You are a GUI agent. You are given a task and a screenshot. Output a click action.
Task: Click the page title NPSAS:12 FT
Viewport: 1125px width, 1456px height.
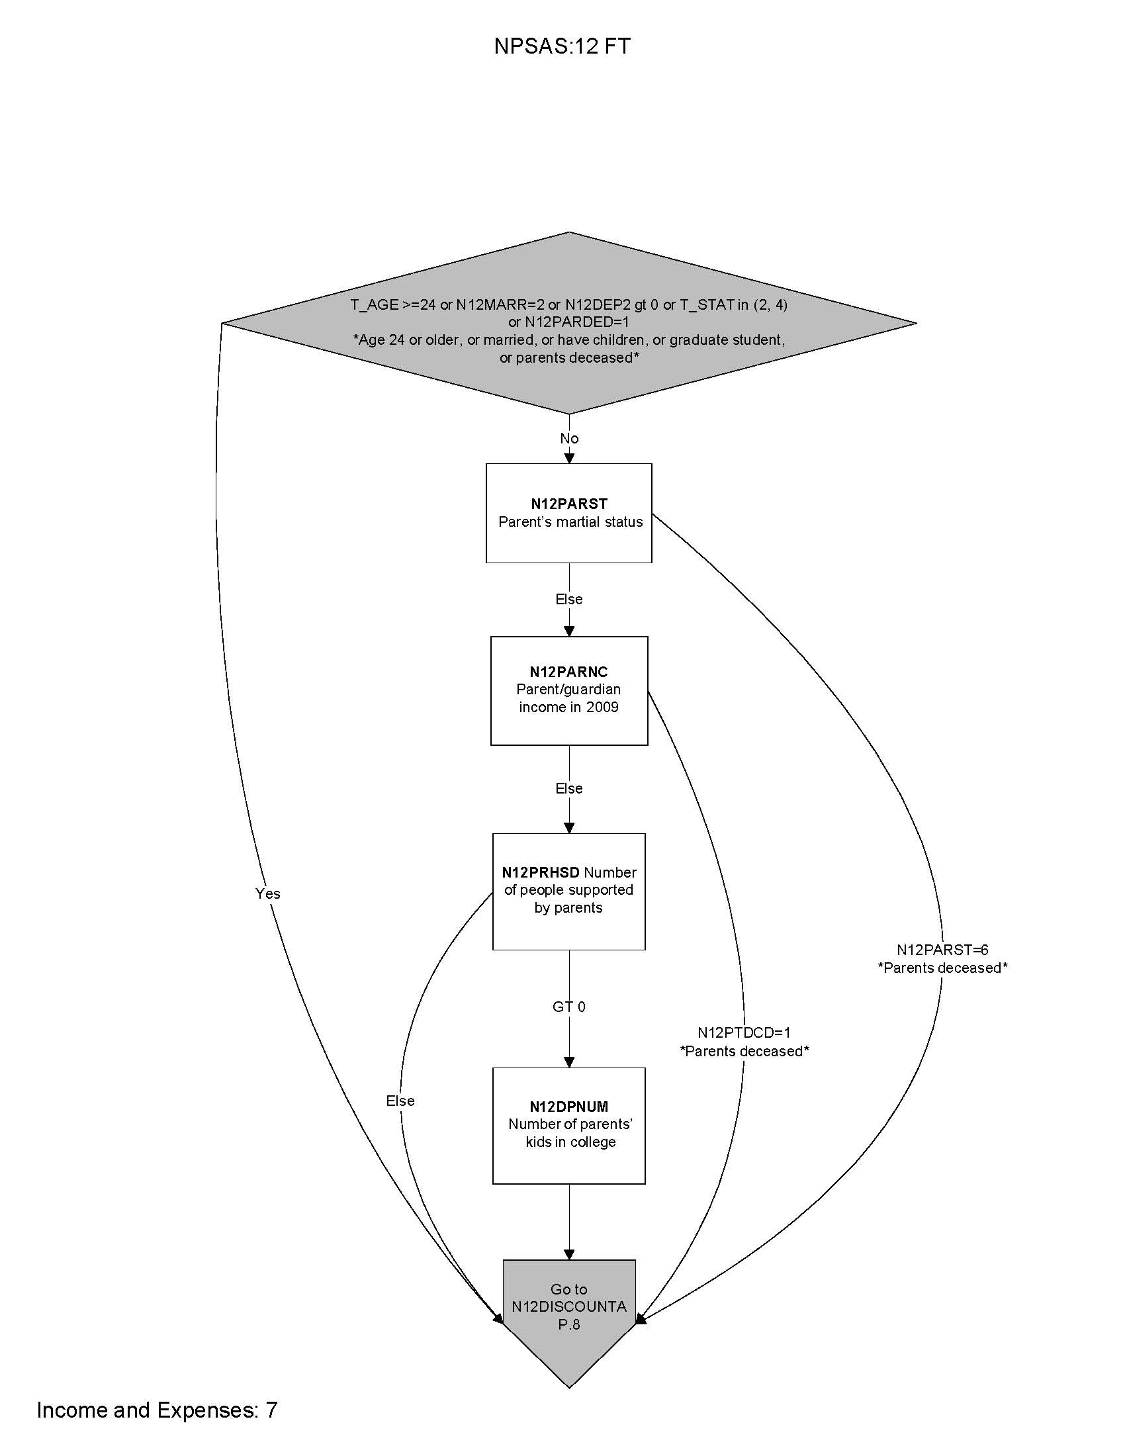562,46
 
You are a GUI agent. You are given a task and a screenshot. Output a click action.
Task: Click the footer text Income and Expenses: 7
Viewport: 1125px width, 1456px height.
157,1410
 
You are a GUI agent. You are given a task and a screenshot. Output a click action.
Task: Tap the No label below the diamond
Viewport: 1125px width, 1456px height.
569,438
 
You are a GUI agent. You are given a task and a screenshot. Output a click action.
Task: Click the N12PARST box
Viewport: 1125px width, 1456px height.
568,513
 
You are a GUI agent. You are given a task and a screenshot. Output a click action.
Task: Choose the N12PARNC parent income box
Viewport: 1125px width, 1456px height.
568,690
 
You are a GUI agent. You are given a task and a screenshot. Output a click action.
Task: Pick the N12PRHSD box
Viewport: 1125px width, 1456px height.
568,891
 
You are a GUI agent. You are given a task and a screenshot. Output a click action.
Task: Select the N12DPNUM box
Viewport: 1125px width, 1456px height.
568,1125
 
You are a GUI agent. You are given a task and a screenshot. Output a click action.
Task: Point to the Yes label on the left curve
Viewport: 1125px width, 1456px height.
267,893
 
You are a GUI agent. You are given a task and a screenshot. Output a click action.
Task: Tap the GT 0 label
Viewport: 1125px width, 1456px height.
568,1007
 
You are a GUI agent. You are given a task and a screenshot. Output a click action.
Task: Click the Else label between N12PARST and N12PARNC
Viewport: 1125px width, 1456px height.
568,600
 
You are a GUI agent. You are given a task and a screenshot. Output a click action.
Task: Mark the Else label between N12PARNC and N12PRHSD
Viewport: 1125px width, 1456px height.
568,789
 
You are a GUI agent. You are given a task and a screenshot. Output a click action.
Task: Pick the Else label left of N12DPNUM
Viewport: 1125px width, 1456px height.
400,1101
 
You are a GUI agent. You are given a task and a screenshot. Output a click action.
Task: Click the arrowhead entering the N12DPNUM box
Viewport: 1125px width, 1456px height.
569,1062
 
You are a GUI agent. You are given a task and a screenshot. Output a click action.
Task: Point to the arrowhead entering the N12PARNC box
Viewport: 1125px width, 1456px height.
569,631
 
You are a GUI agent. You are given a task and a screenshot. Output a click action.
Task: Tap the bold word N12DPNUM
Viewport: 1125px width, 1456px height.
568,1107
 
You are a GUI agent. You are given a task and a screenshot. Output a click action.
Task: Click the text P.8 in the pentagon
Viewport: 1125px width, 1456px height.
568,1325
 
